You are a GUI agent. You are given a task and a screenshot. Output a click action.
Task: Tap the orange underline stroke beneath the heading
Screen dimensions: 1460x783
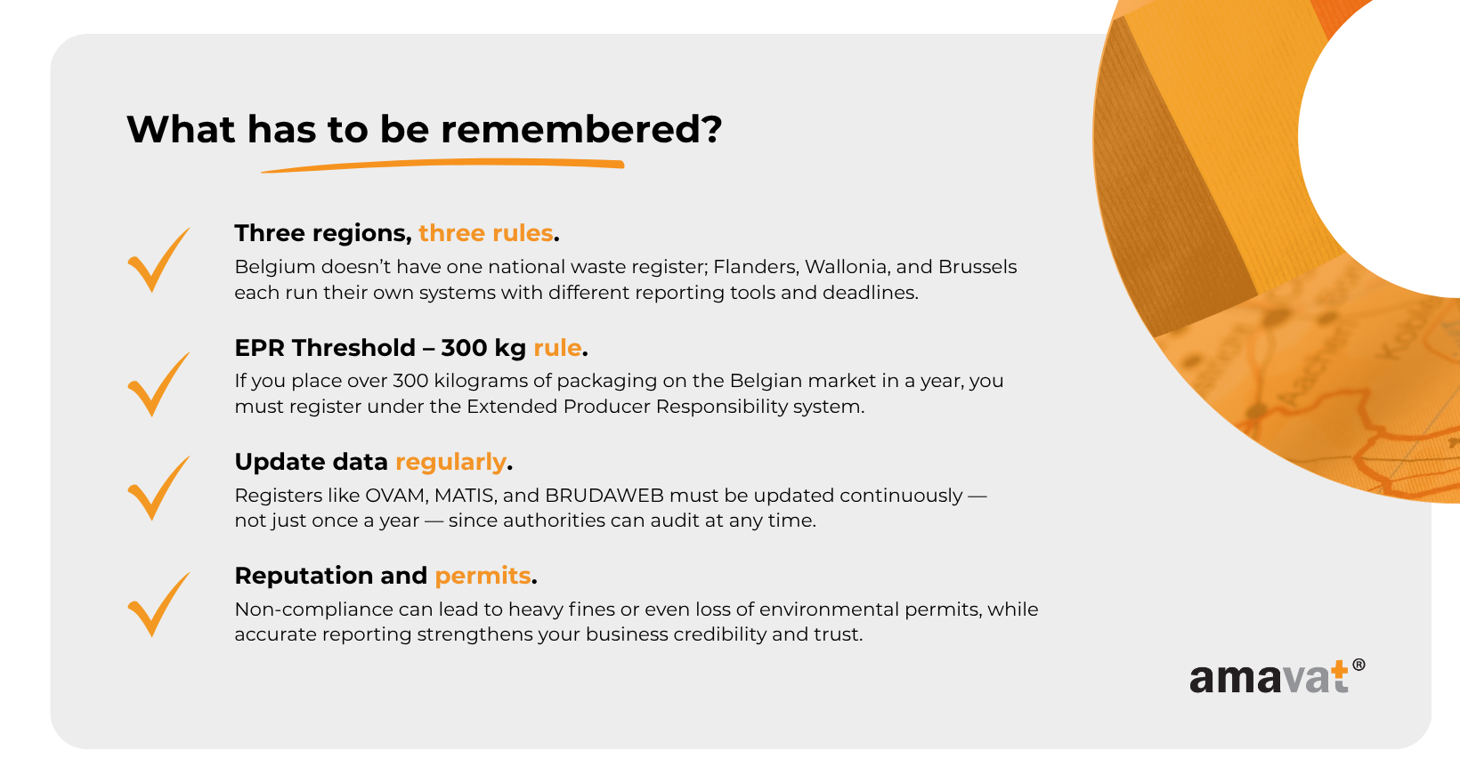[443, 165]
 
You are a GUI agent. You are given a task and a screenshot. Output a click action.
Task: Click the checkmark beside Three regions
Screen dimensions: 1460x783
[158, 260]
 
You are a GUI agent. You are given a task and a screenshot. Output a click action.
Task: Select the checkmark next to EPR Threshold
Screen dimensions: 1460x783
[158, 383]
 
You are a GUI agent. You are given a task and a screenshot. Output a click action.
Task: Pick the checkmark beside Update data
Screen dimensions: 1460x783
[158, 488]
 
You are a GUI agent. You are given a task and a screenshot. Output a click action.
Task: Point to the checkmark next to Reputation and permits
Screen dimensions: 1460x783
[158, 604]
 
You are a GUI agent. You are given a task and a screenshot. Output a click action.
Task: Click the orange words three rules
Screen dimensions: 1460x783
[485, 233]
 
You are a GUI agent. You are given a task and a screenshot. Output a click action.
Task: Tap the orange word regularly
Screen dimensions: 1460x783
[450, 463]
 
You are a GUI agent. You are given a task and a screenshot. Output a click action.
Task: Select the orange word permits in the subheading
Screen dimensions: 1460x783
[483, 577]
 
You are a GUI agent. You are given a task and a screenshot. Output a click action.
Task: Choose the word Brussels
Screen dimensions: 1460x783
[977, 267]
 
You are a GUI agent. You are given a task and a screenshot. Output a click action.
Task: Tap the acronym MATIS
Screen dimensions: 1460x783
[466, 496]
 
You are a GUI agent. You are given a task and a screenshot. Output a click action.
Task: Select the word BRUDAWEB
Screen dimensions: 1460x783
[604, 496]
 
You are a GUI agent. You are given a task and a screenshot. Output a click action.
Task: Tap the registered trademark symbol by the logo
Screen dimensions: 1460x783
[1359, 665]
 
